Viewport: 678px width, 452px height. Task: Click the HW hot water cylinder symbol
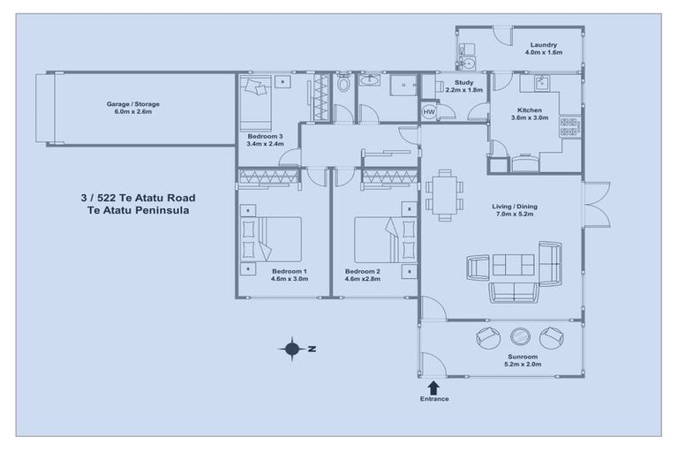coord(429,112)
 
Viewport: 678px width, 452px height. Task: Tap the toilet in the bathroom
coord(343,84)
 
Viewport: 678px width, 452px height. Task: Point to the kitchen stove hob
coord(569,126)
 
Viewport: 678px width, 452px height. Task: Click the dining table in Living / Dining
coord(443,195)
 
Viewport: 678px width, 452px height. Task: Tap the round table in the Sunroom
coord(518,336)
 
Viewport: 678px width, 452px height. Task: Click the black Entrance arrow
coord(433,387)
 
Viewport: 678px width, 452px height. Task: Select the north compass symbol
coord(292,349)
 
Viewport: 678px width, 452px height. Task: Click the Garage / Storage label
coord(133,104)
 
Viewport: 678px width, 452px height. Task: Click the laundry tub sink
coord(468,62)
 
